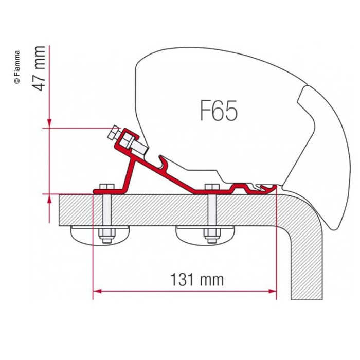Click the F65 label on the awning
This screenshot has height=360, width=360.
coord(219,111)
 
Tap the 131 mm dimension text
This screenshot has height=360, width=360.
coord(197,279)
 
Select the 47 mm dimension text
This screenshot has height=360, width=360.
coord(38,68)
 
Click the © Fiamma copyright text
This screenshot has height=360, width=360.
coord(17,67)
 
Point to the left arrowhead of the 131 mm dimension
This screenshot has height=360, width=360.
coord(97,291)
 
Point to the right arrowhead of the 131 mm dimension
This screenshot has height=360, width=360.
coord(272,291)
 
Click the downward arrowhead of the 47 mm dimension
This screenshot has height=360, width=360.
coord(49,123)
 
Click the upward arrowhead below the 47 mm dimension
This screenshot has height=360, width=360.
coord(49,199)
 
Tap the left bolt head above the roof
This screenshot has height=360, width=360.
coord(106,186)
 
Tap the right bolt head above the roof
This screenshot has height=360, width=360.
coord(212,186)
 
